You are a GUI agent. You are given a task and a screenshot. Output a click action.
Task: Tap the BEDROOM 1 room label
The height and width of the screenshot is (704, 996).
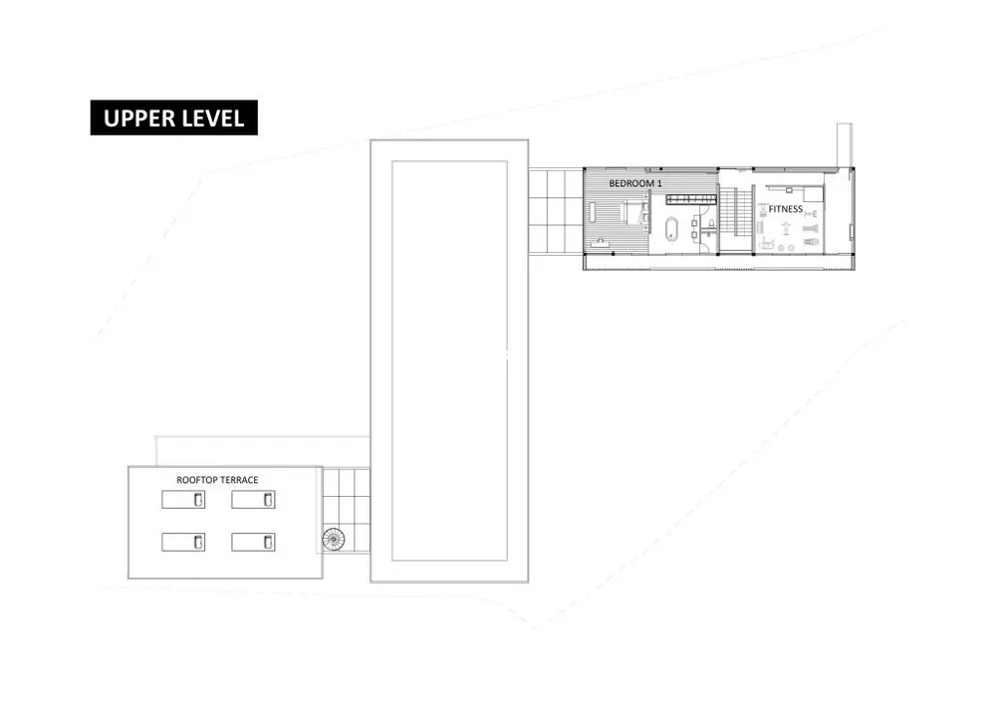(x=635, y=184)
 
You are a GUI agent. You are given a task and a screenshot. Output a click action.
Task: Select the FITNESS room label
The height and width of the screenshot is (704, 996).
(x=785, y=209)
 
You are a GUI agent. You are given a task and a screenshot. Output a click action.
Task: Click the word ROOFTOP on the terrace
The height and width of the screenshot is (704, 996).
(x=197, y=480)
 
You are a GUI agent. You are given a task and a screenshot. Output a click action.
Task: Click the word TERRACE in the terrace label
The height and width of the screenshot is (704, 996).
(x=240, y=480)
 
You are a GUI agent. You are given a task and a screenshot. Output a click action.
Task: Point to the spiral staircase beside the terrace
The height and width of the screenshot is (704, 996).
(x=334, y=540)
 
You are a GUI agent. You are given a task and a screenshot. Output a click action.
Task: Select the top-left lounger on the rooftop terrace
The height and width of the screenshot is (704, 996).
(x=184, y=499)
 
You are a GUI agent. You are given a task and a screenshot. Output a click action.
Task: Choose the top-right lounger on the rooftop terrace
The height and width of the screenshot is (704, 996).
(x=254, y=499)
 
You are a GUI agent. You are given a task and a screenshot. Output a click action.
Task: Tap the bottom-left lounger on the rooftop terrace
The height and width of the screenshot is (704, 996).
(x=184, y=542)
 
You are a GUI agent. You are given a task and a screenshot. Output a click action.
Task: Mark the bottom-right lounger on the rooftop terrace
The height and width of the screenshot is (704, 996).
(x=254, y=542)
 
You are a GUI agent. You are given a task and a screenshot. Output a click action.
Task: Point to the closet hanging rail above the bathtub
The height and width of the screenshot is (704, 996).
(x=690, y=199)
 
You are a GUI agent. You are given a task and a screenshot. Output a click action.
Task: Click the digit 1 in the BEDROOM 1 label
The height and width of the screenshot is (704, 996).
(x=658, y=184)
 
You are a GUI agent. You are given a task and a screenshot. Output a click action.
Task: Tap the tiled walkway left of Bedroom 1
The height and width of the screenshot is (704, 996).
(x=554, y=211)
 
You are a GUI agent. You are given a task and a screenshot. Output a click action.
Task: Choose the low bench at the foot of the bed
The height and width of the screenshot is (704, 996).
(x=594, y=213)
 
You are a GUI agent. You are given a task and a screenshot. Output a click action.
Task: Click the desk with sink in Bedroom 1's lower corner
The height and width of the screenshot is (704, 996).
(x=600, y=242)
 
